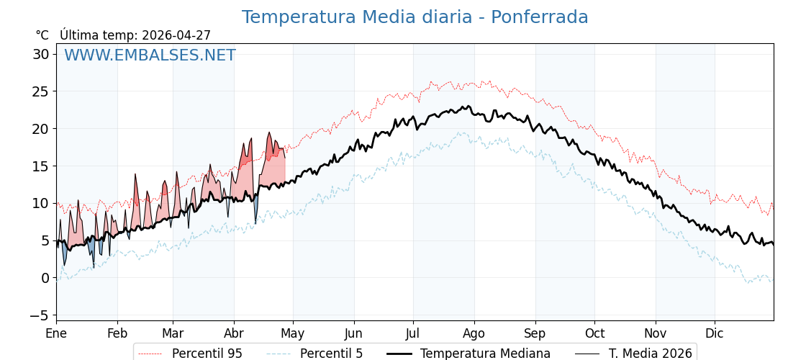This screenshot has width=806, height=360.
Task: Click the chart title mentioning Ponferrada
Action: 415,17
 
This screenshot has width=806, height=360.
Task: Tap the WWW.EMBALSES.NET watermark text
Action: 150,55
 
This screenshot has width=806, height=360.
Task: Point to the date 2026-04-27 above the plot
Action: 176,35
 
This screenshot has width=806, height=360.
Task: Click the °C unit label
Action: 42,35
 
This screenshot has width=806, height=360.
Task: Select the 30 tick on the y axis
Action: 40,54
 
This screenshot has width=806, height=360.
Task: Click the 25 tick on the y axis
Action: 40,91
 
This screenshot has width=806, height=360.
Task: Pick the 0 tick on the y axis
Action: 45,278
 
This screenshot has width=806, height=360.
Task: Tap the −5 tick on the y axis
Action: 40,315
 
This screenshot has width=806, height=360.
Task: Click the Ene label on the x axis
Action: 56,333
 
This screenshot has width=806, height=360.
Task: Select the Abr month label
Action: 234,333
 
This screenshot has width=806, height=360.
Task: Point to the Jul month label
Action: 413,333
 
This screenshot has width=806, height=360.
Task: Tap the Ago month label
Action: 474,333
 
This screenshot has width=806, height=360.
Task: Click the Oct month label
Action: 594,333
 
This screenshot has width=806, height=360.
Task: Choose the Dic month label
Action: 715,333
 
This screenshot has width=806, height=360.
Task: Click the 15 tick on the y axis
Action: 40,166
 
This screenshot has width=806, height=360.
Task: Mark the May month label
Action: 293,333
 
